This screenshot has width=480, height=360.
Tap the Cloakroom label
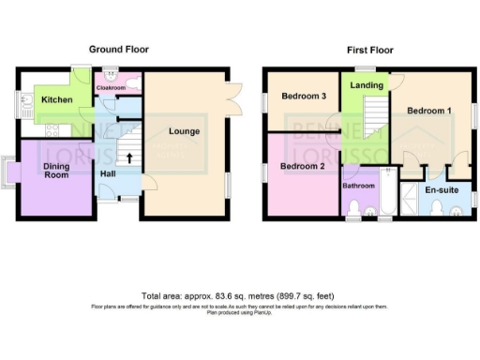(111, 87)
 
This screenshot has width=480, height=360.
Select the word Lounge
(183, 131)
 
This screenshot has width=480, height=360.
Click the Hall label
(110, 173)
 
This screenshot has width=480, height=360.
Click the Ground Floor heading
(118, 49)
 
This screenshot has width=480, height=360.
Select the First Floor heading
(369, 49)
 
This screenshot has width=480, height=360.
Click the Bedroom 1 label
(429, 112)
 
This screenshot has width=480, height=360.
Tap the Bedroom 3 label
(304, 96)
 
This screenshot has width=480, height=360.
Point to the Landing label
(367, 85)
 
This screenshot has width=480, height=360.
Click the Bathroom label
(358, 186)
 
